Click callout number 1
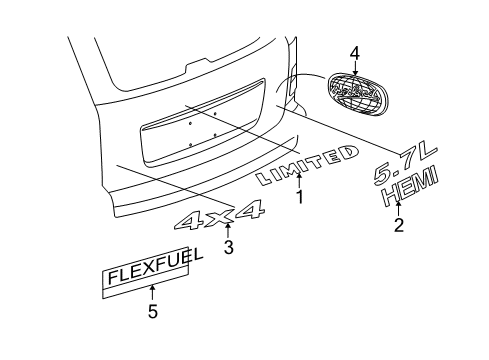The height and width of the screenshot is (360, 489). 298,197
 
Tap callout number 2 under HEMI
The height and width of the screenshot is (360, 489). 398,226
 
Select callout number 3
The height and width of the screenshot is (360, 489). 228,248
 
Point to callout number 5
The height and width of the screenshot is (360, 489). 152,310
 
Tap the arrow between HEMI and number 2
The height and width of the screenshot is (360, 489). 398,207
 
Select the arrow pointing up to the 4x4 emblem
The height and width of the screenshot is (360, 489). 228,231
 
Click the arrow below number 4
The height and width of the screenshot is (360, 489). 353,68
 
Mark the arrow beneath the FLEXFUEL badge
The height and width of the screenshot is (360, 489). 152,291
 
